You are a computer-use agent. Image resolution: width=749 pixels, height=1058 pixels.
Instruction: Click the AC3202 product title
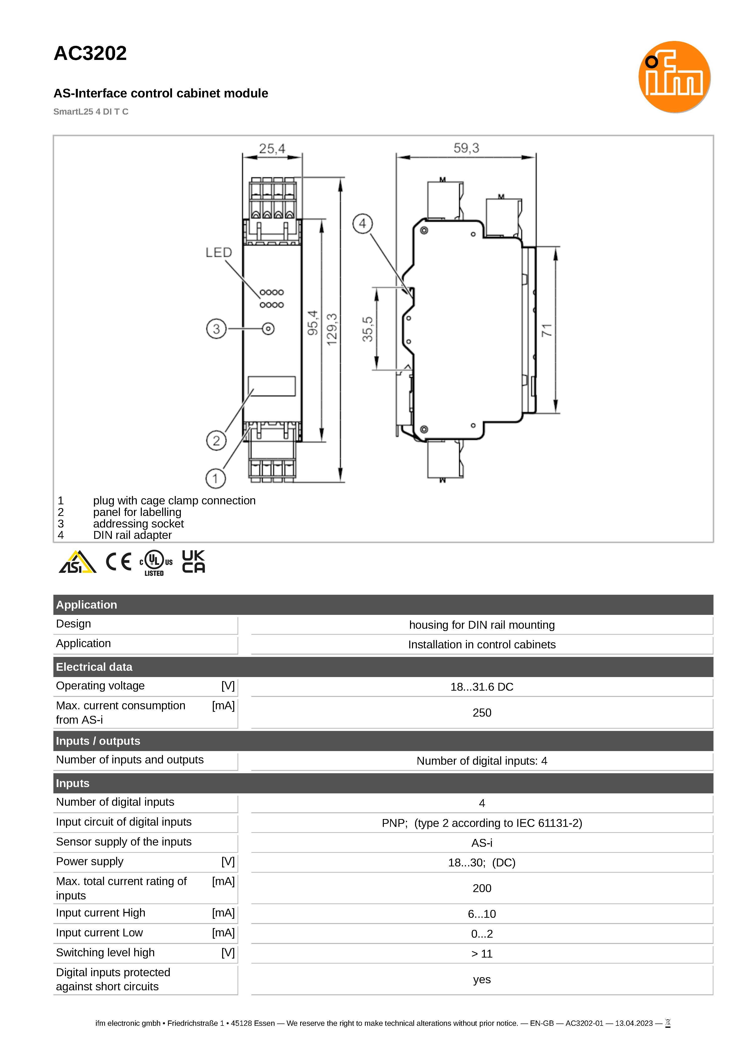click(x=90, y=53)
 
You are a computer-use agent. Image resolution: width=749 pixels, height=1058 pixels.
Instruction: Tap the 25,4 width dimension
click(x=272, y=149)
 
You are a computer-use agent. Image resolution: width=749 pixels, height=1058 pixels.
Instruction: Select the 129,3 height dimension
click(x=332, y=329)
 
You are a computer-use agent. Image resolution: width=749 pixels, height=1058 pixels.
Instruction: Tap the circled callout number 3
click(x=216, y=329)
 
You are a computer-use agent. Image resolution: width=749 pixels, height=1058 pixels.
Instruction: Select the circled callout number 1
click(x=215, y=479)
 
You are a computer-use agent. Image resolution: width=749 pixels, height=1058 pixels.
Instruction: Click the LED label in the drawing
click(x=219, y=253)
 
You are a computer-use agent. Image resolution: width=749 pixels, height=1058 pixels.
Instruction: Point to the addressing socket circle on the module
click(x=268, y=329)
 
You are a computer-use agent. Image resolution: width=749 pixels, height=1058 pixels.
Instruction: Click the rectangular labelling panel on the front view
click(x=272, y=386)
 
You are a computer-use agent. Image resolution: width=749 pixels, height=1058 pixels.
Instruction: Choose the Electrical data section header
click(x=94, y=667)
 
